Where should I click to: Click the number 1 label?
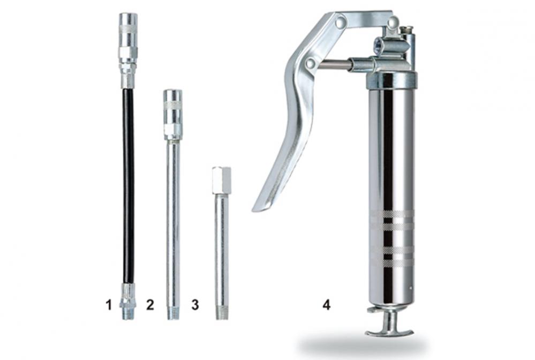pos(109,305)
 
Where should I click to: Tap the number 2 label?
pos(150,305)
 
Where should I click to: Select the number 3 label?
pos(195,305)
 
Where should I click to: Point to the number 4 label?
pos(327,305)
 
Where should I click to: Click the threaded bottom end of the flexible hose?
pos(127,312)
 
